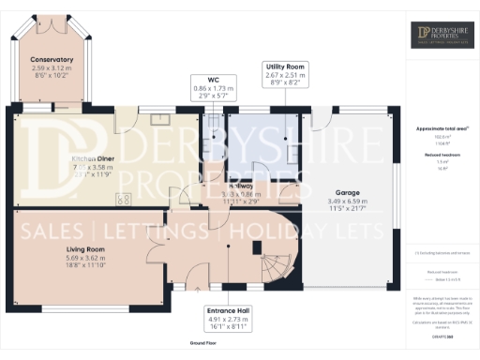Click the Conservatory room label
click(51, 60)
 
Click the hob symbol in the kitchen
click(122, 198)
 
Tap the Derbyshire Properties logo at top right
click(444, 36)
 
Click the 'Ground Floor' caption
click(204, 345)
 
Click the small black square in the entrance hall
click(257, 247)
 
